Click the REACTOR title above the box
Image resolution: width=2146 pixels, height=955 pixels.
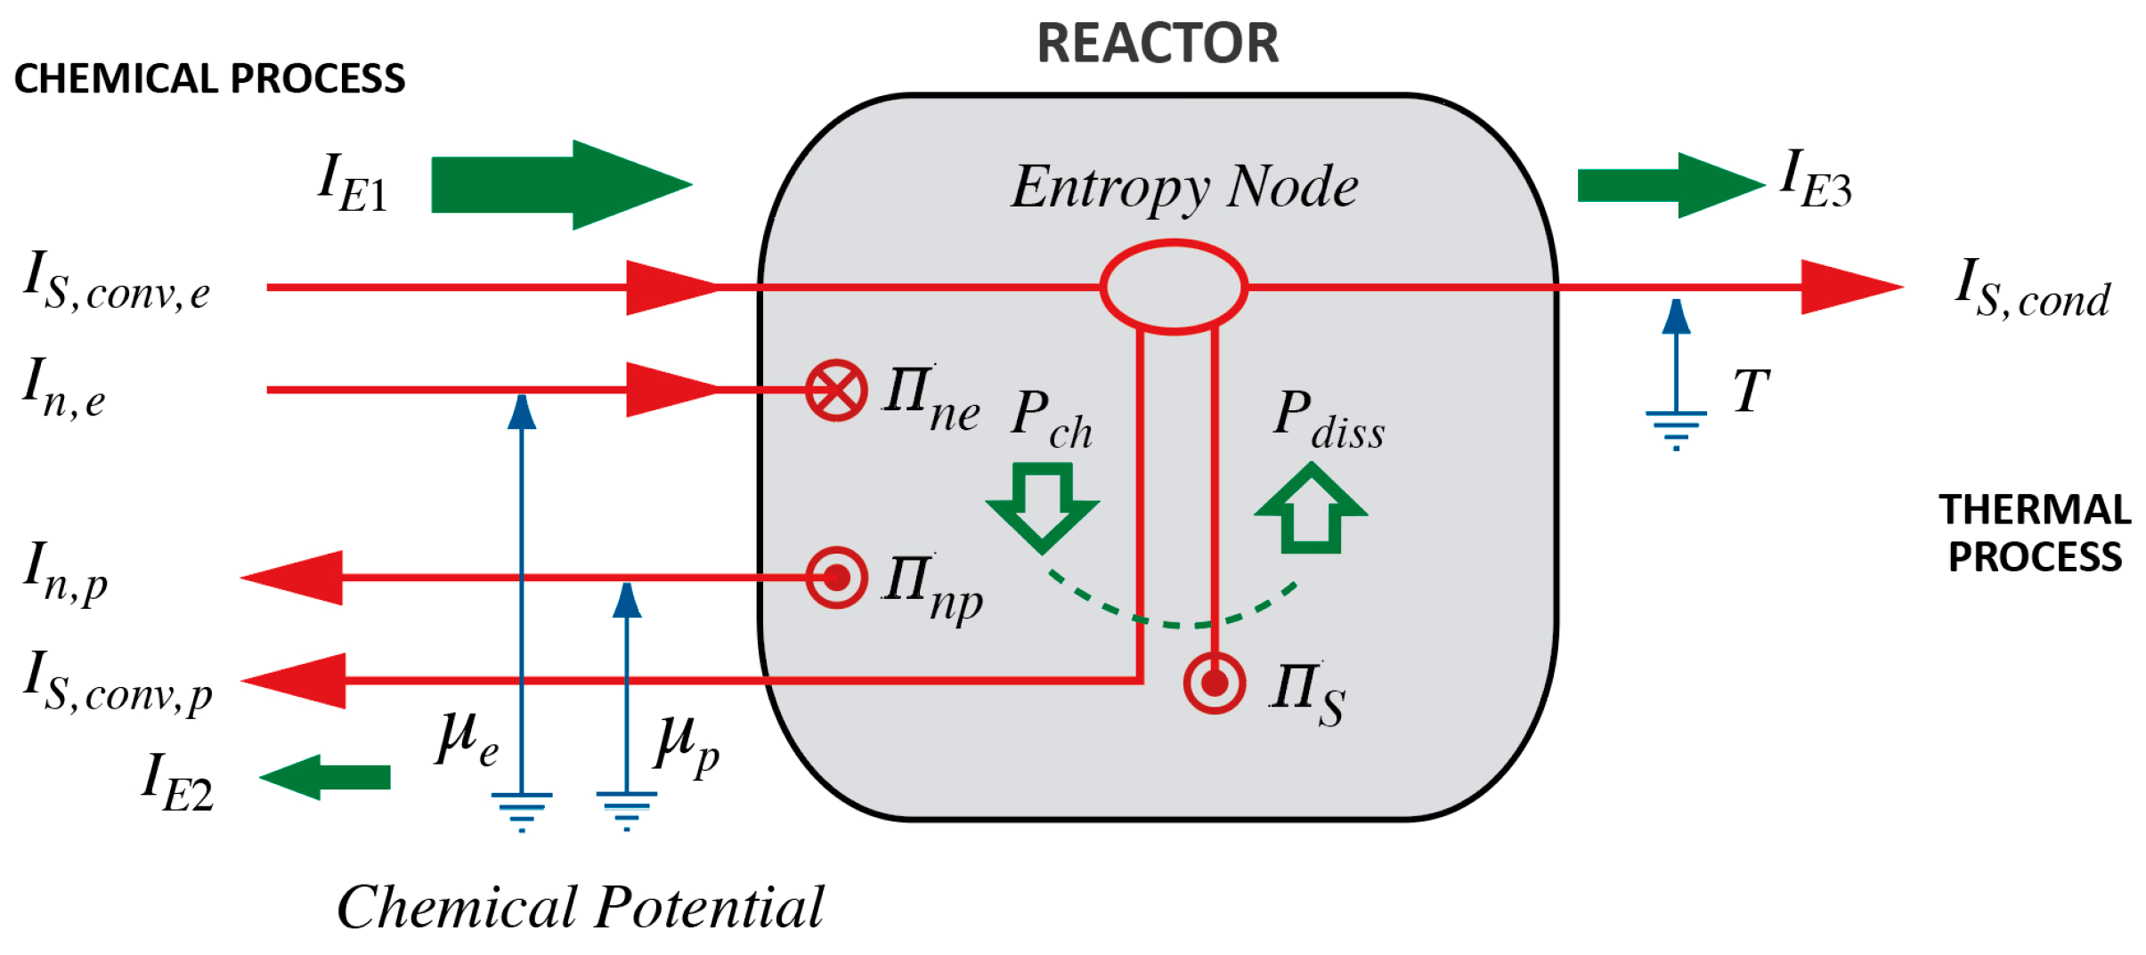pos(1157,43)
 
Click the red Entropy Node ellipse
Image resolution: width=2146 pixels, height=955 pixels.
pos(1173,287)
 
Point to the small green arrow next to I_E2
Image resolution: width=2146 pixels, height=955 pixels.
pos(326,777)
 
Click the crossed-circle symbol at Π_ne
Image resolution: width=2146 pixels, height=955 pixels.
pos(836,390)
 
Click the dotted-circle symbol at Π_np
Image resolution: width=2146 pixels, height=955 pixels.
pos(836,578)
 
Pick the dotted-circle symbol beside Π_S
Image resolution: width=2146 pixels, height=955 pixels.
pos(1214,684)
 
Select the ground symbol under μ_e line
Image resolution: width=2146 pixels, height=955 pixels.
pos(522,810)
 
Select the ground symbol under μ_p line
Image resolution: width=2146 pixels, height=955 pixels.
pos(627,810)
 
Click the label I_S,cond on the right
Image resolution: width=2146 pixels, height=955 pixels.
pos(2032,288)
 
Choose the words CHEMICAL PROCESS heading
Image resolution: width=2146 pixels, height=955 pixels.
pos(209,78)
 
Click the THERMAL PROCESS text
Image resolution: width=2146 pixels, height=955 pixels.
pos(2035,533)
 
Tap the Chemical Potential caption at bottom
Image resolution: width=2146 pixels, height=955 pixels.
pos(581,907)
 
